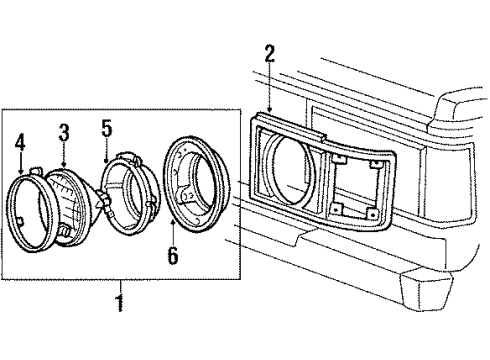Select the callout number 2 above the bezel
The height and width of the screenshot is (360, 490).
pos(269,51)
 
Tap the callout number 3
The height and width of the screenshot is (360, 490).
pos(63,131)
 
